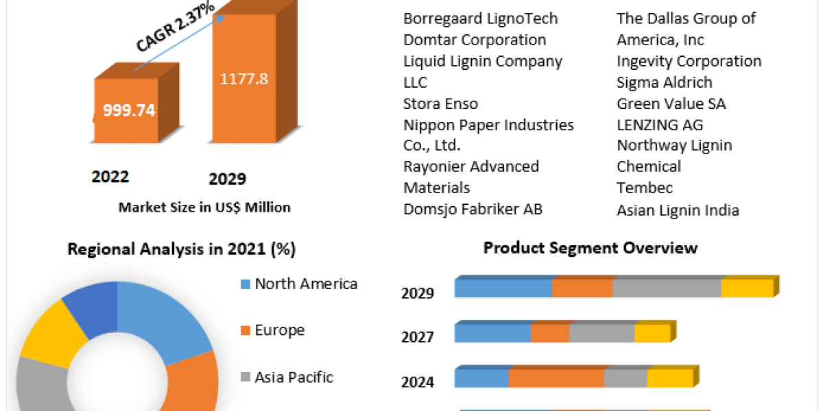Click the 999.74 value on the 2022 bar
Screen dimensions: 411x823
pyautogui.click(x=129, y=110)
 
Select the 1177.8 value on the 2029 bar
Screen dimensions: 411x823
pyautogui.click(x=243, y=79)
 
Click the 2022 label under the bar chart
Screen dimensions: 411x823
pyautogui.click(x=110, y=177)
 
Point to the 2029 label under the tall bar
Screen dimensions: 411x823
pyautogui.click(x=227, y=179)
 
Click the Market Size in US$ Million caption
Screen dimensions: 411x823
pyautogui.click(x=204, y=207)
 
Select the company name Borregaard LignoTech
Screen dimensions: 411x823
pyautogui.click(x=480, y=18)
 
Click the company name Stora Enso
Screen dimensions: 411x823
pyautogui.click(x=440, y=103)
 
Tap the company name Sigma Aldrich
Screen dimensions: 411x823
pyautogui.click(x=664, y=82)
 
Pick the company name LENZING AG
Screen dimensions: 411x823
pyautogui.click(x=659, y=125)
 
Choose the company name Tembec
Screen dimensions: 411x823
pyautogui.click(x=645, y=188)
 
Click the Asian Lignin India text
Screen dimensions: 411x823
pyautogui.click(x=678, y=210)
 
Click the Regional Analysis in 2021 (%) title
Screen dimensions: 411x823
pyautogui.click(x=181, y=249)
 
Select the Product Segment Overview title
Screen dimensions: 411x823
pyautogui.click(x=590, y=247)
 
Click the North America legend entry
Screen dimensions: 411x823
pyautogui.click(x=305, y=284)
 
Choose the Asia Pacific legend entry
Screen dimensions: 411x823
pyautogui.click(x=293, y=377)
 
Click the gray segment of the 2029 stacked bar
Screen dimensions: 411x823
pyautogui.click(x=667, y=288)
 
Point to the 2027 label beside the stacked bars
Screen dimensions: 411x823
pyautogui.click(x=417, y=337)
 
